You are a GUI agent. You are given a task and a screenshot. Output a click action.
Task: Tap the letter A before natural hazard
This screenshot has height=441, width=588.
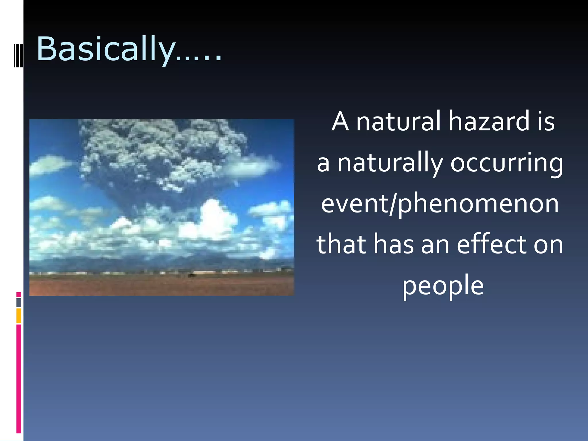341,122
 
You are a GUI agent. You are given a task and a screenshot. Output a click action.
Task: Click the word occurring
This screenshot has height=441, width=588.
506,164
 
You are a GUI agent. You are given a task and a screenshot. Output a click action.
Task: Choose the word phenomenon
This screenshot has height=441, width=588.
478,204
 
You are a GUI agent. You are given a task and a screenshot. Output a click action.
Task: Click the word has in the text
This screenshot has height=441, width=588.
393,245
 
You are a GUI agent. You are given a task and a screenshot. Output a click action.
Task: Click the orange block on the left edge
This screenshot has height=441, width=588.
19,316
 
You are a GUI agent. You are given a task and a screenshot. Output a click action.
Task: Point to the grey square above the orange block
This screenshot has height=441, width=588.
19,303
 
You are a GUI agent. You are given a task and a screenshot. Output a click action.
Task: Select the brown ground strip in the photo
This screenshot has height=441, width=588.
161,286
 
